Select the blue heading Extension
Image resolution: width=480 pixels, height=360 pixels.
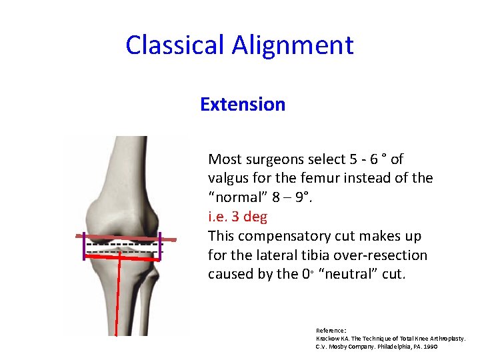pos(243,105)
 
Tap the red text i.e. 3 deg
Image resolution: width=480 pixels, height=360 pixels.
pos(238,217)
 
